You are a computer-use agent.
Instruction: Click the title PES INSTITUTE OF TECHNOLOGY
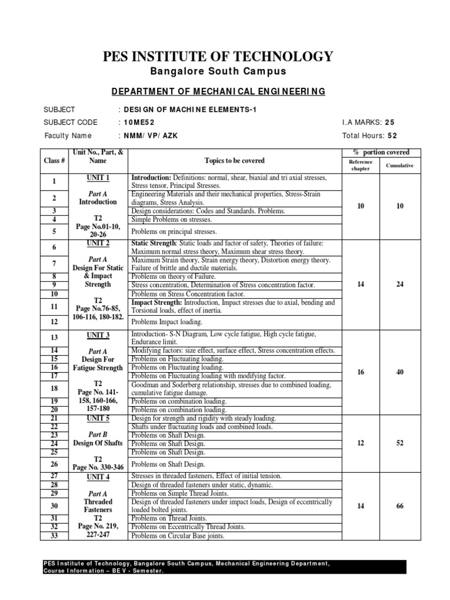pyautogui.click(x=218, y=56)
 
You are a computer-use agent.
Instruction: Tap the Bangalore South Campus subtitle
pyautogui.click(x=218, y=71)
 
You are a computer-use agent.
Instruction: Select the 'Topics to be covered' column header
pyautogui.click(x=234, y=161)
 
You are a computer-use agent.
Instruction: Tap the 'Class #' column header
pyautogui.click(x=53, y=161)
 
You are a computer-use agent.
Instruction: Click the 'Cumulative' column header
pyautogui.click(x=400, y=165)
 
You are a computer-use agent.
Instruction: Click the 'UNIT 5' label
pyautogui.click(x=98, y=418)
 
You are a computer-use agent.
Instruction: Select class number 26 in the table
pyautogui.click(x=54, y=464)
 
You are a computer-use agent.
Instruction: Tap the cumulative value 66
pyautogui.click(x=400, y=506)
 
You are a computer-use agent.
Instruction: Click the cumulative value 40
pyautogui.click(x=400, y=371)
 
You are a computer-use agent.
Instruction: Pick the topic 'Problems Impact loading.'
pyautogui.click(x=166, y=322)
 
